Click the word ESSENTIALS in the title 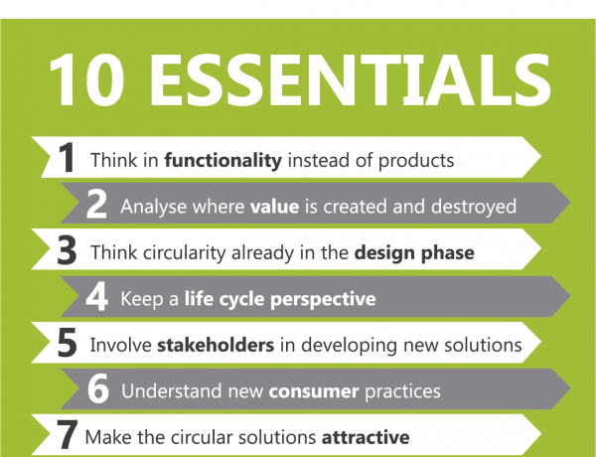[x=350, y=80]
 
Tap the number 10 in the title [x=87, y=80]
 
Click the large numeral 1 [x=67, y=157]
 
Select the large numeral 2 [x=96, y=205]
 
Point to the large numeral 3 [x=67, y=250]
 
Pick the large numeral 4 [x=96, y=297]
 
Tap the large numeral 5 [x=67, y=343]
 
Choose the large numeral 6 [x=98, y=388]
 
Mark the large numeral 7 [x=68, y=434]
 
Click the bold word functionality [x=223, y=160]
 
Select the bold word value [x=274, y=207]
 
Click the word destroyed [x=474, y=208]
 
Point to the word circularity [x=185, y=253]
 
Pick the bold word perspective [x=323, y=300]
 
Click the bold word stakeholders [x=216, y=345]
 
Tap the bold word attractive [x=366, y=437]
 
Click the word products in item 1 [x=416, y=161]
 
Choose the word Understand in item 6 [x=172, y=391]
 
